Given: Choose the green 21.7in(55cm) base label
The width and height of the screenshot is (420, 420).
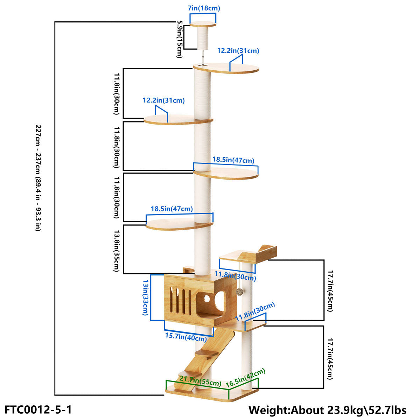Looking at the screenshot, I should click(x=200, y=381).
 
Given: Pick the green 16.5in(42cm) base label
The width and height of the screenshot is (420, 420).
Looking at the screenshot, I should click(x=245, y=378).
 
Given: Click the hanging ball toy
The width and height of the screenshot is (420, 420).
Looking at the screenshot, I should click(x=240, y=292).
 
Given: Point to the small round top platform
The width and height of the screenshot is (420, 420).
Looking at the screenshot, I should click(x=203, y=24).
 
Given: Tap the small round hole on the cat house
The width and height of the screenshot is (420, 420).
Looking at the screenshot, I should click(x=207, y=299).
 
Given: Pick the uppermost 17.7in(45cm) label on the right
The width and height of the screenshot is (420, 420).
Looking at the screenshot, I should click(x=330, y=290).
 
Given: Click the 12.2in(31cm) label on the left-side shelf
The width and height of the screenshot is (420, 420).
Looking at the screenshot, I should click(x=163, y=100).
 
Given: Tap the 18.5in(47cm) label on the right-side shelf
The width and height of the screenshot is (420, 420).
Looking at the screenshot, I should click(x=233, y=160).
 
